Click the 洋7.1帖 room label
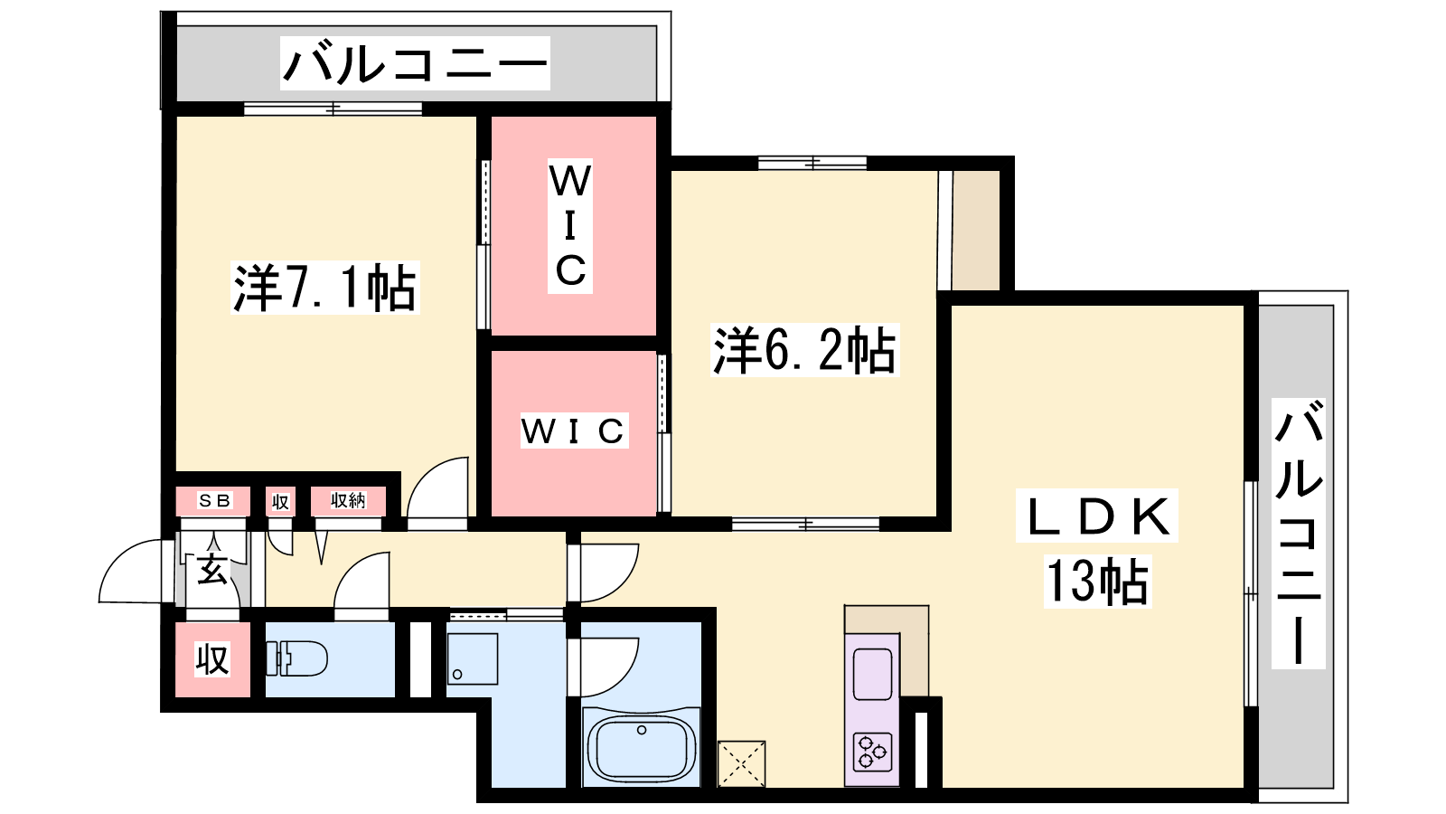point(324,288)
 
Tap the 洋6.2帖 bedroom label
point(804,350)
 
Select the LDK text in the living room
point(1097,516)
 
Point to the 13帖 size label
point(1097,582)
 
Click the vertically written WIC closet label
point(570,226)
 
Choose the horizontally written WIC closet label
point(574,431)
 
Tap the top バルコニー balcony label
point(415,63)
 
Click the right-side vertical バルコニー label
point(1298,533)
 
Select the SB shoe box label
point(214,500)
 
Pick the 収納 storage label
point(348,500)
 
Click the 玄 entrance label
point(212,570)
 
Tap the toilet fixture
point(296,658)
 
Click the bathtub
point(641,751)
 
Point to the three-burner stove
point(872,752)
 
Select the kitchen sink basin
point(872,675)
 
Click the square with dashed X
point(742,764)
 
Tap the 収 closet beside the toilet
point(212,659)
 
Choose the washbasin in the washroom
point(473,659)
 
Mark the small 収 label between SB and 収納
point(280,501)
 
